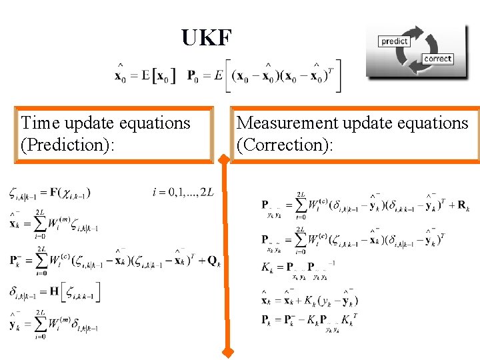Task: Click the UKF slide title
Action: point(207,38)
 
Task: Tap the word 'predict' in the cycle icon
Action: point(394,41)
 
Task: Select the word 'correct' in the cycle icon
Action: point(437,59)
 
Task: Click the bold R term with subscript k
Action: point(463,206)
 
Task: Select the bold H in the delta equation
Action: point(55,291)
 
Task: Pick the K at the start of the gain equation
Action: point(267,268)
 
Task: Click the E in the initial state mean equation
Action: point(145,75)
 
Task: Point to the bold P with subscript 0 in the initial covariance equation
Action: point(192,76)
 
